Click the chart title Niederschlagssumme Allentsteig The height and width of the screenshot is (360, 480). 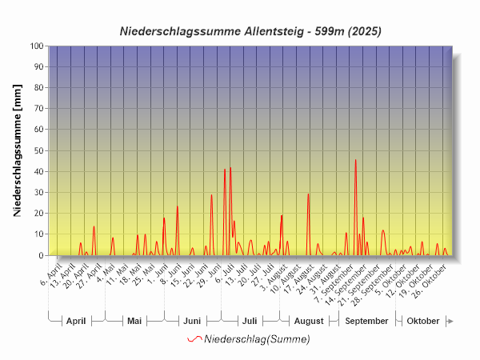(250, 31)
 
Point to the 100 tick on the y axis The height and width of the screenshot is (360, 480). (37, 46)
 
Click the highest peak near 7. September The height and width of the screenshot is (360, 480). (355, 160)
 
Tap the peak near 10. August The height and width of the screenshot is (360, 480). (308, 194)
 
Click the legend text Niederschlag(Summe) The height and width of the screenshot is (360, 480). (257, 339)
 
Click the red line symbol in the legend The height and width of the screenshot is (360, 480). (194, 339)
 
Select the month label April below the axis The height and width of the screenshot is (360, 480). (76, 321)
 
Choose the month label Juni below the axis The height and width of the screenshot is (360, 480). (192, 321)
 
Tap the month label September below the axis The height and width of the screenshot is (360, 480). (366, 321)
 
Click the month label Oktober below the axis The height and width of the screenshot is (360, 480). (423, 321)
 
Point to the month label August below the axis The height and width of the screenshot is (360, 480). (308, 321)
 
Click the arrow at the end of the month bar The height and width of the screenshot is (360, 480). (450, 321)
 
